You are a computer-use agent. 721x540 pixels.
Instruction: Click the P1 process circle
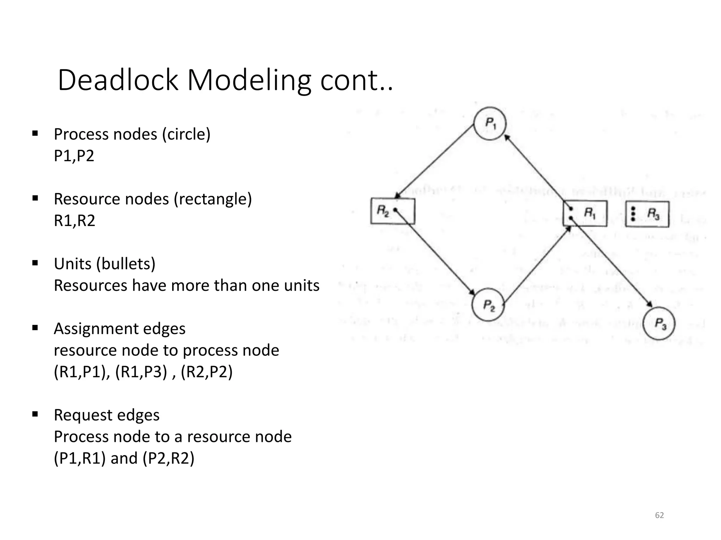(x=490, y=123)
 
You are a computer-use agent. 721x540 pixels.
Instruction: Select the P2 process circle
(x=488, y=305)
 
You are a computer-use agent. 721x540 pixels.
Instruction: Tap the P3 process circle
(x=659, y=323)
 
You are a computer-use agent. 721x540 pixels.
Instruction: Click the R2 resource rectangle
(x=393, y=211)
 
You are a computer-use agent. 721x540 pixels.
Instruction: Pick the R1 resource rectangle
(x=585, y=213)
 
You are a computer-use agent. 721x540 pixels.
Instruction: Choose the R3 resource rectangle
(x=647, y=214)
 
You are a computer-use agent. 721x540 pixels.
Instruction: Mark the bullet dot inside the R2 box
(x=395, y=210)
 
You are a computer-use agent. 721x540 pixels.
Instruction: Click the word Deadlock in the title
(x=118, y=80)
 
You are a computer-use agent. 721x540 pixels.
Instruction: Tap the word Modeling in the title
(x=249, y=80)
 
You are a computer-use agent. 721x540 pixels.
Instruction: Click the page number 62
(x=659, y=515)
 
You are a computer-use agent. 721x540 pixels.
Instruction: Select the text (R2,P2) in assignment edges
(x=207, y=372)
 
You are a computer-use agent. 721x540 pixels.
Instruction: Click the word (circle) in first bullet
(x=186, y=134)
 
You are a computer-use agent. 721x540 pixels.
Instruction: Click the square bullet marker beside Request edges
(x=35, y=414)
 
